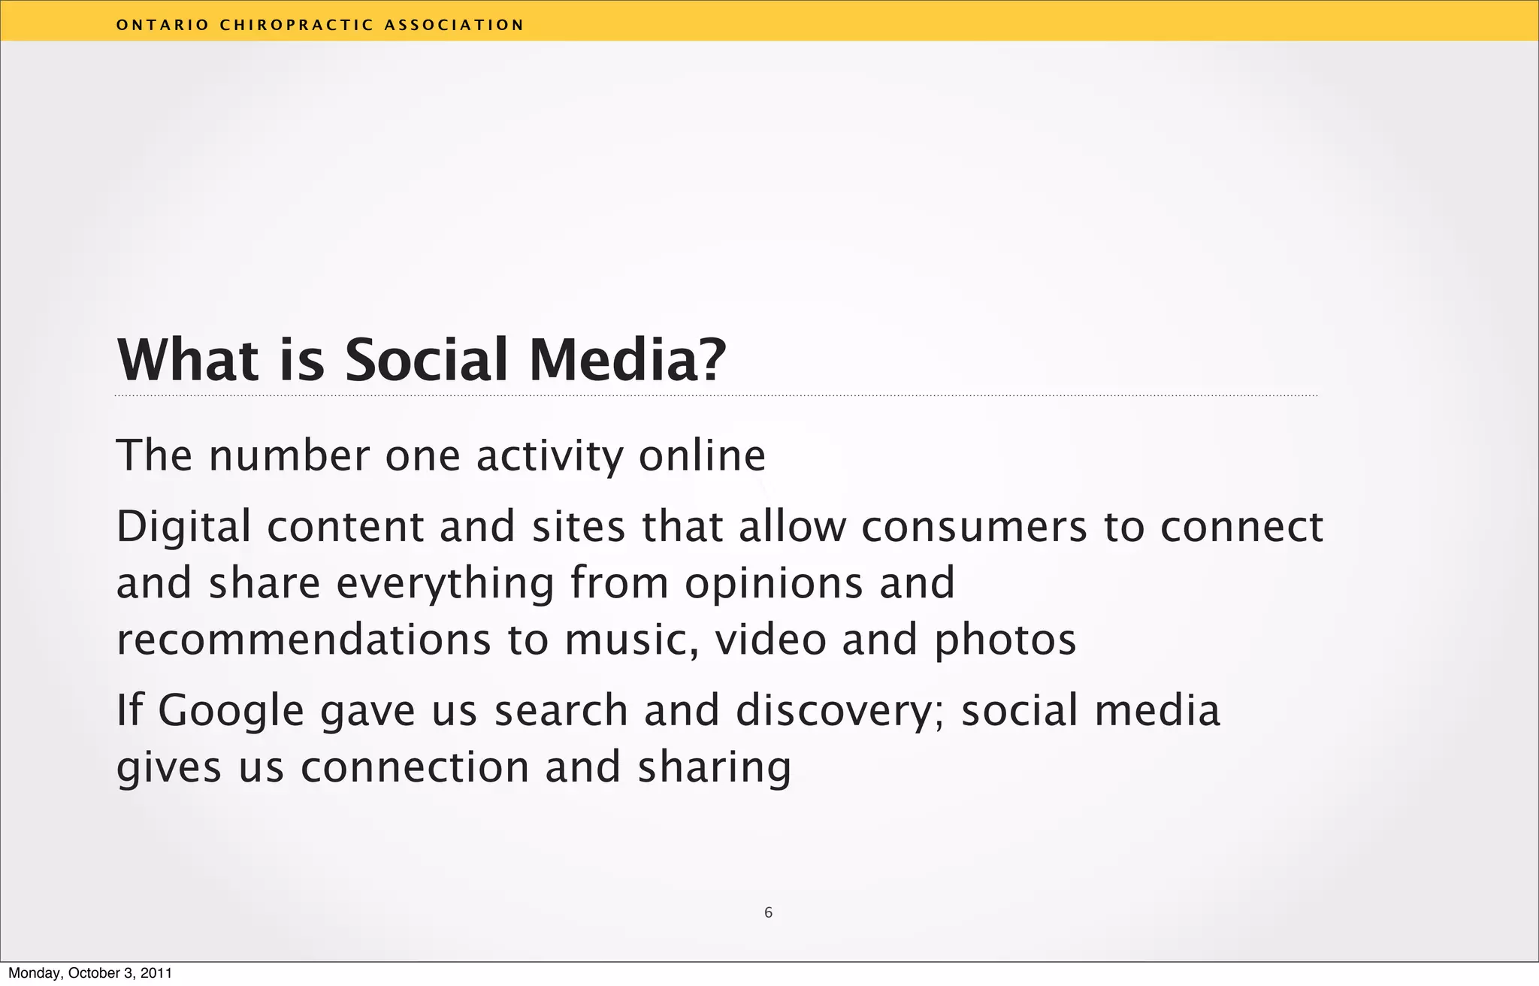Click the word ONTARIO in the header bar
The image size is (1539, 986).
[x=162, y=25]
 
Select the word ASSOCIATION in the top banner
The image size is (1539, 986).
[x=454, y=25]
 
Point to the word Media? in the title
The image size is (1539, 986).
[x=628, y=360]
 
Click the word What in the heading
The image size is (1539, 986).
[x=188, y=360]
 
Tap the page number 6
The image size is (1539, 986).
[x=768, y=912]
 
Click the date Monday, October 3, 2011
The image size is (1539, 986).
[x=90, y=973]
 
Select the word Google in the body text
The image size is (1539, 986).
[x=231, y=711]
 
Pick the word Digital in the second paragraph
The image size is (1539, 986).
[x=183, y=526]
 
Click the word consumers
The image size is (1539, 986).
[x=974, y=526]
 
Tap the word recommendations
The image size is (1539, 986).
[x=304, y=640]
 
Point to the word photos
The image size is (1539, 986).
[x=1005, y=640]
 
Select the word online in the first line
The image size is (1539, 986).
[x=702, y=455]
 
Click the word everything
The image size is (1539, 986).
[x=445, y=583]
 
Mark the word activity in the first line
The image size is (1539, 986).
[x=550, y=455]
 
